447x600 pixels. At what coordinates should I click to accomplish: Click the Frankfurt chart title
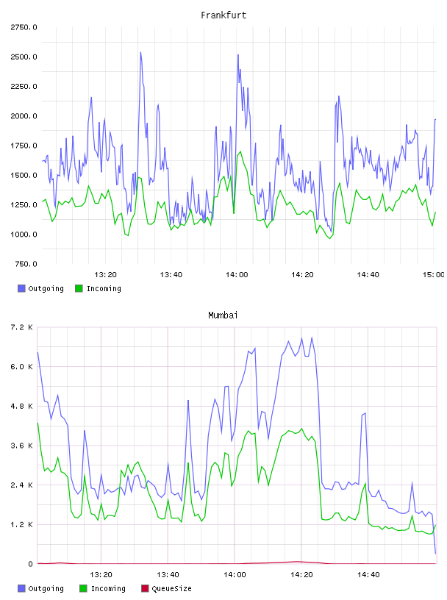pyautogui.click(x=223, y=15)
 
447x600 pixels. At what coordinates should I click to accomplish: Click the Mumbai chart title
pyautogui.click(x=223, y=315)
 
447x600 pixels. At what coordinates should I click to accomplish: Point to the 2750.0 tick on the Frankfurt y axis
pyautogui.click(x=24, y=27)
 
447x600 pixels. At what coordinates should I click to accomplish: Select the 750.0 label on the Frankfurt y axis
pyautogui.click(x=26, y=264)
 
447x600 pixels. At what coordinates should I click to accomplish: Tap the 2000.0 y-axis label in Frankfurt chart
pyautogui.click(x=24, y=116)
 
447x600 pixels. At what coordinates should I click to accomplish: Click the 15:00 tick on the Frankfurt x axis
pyautogui.click(x=433, y=275)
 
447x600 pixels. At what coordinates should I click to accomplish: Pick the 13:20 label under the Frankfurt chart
pyautogui.click(x=105, y=275)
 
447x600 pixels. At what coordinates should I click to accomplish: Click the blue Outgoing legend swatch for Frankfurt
pyautogui.click(x=21, y=288)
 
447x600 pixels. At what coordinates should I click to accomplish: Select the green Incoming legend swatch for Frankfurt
pyautogui.click(x=79, y=288)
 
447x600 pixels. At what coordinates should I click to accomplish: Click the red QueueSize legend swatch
pyautogui.click(x=145, y=588)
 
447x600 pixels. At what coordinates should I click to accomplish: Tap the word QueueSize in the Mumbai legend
pyautogui.click(x=171, y=588)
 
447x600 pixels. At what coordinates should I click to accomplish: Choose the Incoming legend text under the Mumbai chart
pyautogui.click(x=108, y=588)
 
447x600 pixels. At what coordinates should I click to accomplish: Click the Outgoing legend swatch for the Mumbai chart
pyautogui.click(x=21, y=588)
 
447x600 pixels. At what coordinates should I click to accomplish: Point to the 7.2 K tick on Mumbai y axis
pyautogui.click(x=22, y=327)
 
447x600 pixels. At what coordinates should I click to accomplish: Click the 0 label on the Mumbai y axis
pyautogui.click(x=30, y=564)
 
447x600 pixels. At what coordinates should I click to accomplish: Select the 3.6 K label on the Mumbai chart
pyautogui.click(x=22, y=446)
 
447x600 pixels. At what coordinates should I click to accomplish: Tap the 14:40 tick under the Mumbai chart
pyautogui.click(x=368, y=575)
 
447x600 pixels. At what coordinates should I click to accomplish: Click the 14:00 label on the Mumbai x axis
pyautogui.click(x=235, y=575)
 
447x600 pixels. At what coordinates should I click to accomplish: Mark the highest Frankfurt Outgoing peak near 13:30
pyautogui.click(x=140, y=52)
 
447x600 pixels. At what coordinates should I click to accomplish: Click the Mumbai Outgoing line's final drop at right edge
pyautogui.click(x=434, y=534)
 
